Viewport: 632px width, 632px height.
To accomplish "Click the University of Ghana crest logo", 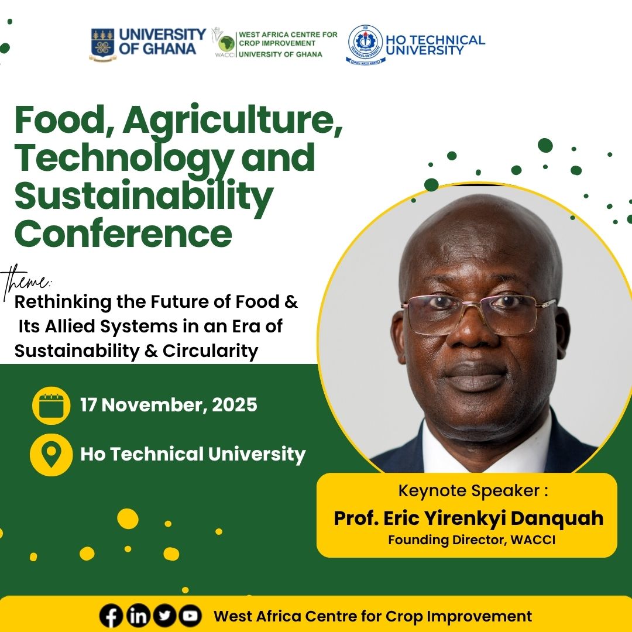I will click(x=103, y=44).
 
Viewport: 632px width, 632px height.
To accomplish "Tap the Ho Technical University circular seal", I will click(x=365, y=44).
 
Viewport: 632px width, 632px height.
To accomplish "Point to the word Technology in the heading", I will click(x=112, y=157).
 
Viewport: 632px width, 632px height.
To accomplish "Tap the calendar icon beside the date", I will click(x=51, y=405).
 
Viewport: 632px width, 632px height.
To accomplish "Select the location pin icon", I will click(x=51, y=454).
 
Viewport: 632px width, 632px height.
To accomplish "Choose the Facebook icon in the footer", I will click(x=111, y=616).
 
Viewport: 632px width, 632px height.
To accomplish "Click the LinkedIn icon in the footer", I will click(x=138, y=616).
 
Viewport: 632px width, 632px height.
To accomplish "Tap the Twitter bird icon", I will click(x=164, y=616).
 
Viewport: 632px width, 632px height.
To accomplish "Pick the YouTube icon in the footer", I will click(x=190, y=616).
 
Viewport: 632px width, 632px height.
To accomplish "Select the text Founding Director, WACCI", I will click(x=471, y=540).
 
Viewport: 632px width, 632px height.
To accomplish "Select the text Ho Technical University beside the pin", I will click(x=193, y=454).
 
